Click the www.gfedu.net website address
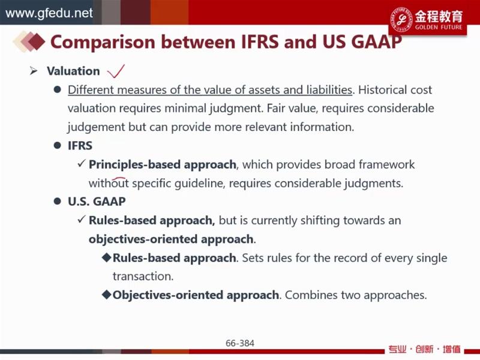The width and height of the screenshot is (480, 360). (x=49, y=13)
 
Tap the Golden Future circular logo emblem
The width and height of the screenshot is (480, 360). (x=401, y=19)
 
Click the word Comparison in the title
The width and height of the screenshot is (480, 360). (x=103, y=42)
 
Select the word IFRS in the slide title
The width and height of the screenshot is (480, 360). (x=260, y=41)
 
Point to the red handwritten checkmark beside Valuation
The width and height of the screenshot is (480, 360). (x=116, y=71)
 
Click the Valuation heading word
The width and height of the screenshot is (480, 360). (x=73, y=71)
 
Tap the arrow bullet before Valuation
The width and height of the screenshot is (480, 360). (x=34, y=71)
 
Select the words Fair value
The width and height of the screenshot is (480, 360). (x=292, y=109)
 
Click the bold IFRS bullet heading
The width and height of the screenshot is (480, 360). (x=80, y=146)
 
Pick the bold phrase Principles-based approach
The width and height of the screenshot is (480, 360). (x=162, y=164)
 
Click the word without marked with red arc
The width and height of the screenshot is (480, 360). (x=109, y=184)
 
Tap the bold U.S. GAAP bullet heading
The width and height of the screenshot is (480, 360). (x=97, y=202)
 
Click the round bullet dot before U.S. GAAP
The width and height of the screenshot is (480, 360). (x=57, y=202)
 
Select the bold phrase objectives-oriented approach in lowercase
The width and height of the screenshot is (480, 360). (x=171, y=239)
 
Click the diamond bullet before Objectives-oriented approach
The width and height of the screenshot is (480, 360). (x=107, y=295)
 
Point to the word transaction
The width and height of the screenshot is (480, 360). (x=142, y=276)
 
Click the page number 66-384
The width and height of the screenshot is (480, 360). (x=239, y=343)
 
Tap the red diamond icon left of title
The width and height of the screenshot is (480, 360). (x=37, y=41)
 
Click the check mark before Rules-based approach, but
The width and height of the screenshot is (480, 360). (x=81, y=220)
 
